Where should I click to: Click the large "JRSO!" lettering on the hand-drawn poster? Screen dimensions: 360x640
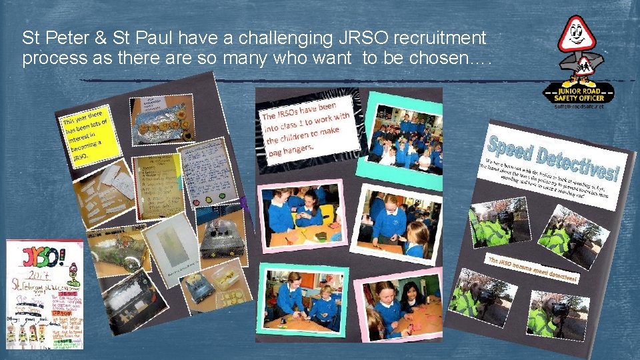(40, 259)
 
